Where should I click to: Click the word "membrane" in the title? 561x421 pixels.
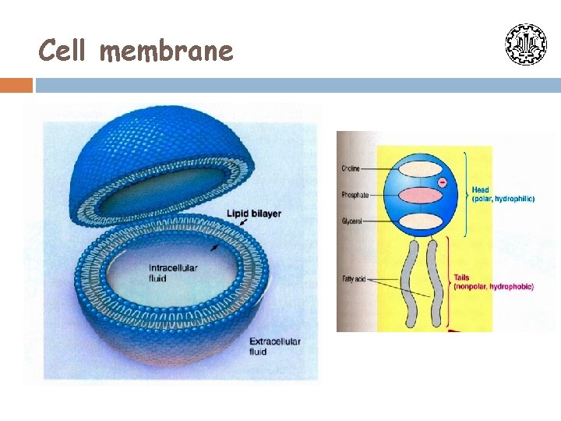[x=167, y=51]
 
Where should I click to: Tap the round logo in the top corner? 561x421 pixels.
[x=526, y=44]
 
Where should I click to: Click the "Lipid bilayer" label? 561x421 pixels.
[x=254, y=214]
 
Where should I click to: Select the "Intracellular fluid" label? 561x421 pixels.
[x=173, y=272]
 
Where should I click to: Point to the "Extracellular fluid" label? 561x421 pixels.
[x=274, y=346]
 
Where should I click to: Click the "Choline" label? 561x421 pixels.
[x=351, y=168]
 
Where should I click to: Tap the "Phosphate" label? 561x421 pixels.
[x=355, y=194]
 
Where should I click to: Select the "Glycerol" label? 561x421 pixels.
[x=352, y=221]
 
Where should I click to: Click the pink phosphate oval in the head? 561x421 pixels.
[x=420, y=195]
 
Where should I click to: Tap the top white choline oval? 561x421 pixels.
[x=420, y=169]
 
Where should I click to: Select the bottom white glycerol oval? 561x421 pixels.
[x=420, y=220]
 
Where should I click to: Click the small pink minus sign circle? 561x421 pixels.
[x=442, y=182]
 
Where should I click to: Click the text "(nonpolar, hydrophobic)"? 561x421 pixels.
[x=493, y=287]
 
